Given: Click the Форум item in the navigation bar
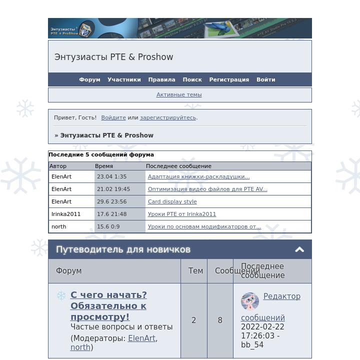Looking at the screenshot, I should pos(89,79).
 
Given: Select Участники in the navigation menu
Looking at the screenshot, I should pos(124,79).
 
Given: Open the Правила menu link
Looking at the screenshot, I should pos(161,79).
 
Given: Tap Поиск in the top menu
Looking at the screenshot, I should pos(192,79).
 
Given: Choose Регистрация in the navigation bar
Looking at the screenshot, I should pos(229,79).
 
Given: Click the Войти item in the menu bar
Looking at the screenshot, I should pos(265,79).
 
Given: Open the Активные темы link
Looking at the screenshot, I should pos(179,94).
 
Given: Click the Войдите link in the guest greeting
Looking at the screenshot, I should pos(113,117).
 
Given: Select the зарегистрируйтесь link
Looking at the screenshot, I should pos(168,117).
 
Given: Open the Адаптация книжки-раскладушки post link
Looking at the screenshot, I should pos(198,176).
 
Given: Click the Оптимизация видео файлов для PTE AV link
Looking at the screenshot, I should pos(207,189).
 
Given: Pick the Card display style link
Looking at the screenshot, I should pos(172,201).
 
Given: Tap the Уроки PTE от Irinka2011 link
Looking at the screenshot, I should pos(182,214).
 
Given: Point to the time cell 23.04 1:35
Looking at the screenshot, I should pos(111,176).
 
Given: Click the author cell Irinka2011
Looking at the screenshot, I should pos(66,214).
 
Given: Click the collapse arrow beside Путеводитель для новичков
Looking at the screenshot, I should pos(299,249).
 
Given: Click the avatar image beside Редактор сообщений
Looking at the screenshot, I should pos(250,301).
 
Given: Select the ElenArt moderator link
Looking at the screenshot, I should pos(141,338).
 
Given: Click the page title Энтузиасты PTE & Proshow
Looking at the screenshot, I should pos(113,57).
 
